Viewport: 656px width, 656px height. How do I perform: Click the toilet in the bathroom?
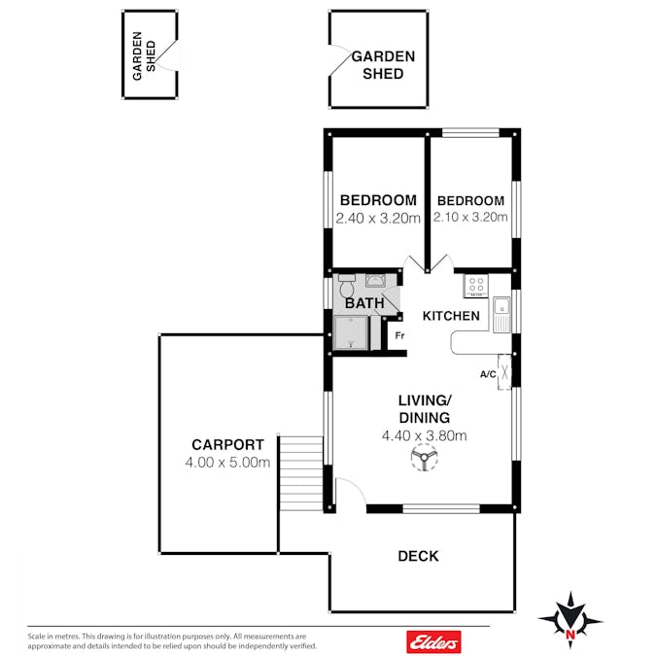[x=346, y=285]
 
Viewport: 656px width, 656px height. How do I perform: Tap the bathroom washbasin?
[x=376, y=280]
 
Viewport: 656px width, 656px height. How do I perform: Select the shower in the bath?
[x=351, y=332]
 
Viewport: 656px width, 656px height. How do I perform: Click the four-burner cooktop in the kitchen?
[x=476, y=286]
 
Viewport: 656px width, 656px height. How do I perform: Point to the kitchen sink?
[x=501, y=315]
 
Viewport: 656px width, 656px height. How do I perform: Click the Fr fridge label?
[x=400, y=335]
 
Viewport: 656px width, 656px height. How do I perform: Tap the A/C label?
[x=488, y=374]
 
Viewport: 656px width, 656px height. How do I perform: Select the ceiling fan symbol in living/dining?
[x=424, y=458]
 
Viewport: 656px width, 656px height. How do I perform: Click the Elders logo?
[x=433, y=641]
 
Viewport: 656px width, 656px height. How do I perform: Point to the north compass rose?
[x=570, y=620]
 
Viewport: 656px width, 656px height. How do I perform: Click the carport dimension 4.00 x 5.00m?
[x=227, y=463]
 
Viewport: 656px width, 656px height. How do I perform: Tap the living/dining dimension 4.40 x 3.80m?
[x=425, y=436]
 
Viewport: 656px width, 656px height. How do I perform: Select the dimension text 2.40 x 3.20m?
[x=378, y=218]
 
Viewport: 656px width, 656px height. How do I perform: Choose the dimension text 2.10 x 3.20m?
[x=470, y=217]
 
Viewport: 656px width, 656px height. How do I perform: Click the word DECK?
[x=418, y=556]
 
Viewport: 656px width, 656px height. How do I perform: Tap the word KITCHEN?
[x=451, y=316]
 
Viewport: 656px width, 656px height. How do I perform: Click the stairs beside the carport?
[x=301, y=473]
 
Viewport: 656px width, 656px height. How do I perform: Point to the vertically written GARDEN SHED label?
[x=144, y=55]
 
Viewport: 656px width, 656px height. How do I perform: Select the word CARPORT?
[x=227, y=444]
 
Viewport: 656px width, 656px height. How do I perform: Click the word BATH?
[x=364, y=303]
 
